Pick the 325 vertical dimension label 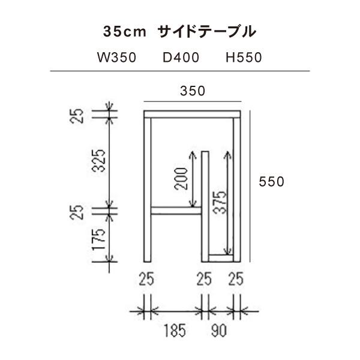[x=100, y=161]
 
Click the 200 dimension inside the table [x=183, y=178]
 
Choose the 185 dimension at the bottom [x=173, y=330]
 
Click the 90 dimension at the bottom [x=219, y=330]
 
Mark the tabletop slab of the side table [x=192, y=114]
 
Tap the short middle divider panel [x=205, y=204]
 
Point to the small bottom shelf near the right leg [x=221, y=259]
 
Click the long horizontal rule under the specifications [x=180, y=71]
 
